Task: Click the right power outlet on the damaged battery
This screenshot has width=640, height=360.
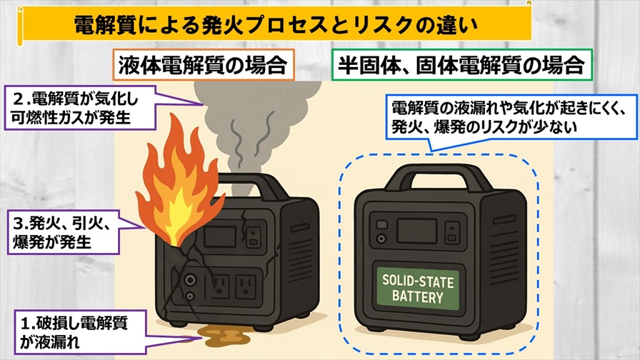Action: click(x=247, y=286)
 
